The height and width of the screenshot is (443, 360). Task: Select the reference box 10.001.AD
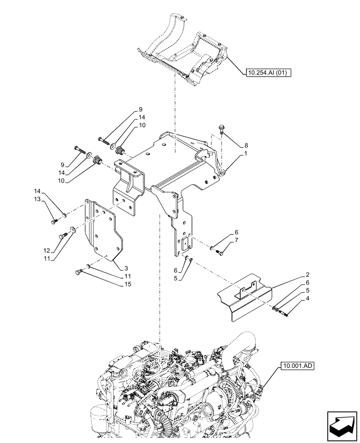point(296,366)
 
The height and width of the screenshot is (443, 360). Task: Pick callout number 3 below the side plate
point(126,269)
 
